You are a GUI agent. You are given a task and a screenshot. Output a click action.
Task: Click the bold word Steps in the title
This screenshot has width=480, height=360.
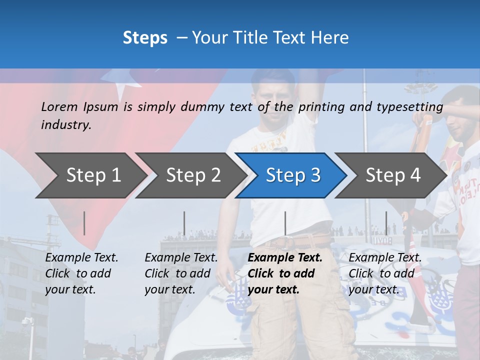[x=145, y=38]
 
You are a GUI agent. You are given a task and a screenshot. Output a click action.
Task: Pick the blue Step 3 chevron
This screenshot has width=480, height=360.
[x=293, y=175]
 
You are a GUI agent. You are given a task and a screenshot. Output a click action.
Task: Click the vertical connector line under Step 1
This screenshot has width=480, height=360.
[x=84, y=223]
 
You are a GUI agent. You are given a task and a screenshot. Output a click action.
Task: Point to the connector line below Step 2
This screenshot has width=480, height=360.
[x=184, y=223]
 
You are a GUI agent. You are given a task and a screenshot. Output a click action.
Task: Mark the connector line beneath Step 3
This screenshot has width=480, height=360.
[x=285, y=223]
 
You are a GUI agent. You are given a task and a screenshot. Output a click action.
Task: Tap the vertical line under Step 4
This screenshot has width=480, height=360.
[x=386, y=223]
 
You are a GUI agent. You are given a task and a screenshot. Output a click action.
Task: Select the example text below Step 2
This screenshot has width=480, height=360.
[x=180, y=273]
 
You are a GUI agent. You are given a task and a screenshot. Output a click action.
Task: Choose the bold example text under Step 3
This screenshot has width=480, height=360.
[x=284, y=273]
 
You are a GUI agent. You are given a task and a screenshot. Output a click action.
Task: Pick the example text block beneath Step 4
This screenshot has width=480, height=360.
[x=384, y=273]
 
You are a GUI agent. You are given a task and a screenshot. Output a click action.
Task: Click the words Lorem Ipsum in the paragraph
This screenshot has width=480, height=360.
[x=79, y=106]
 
